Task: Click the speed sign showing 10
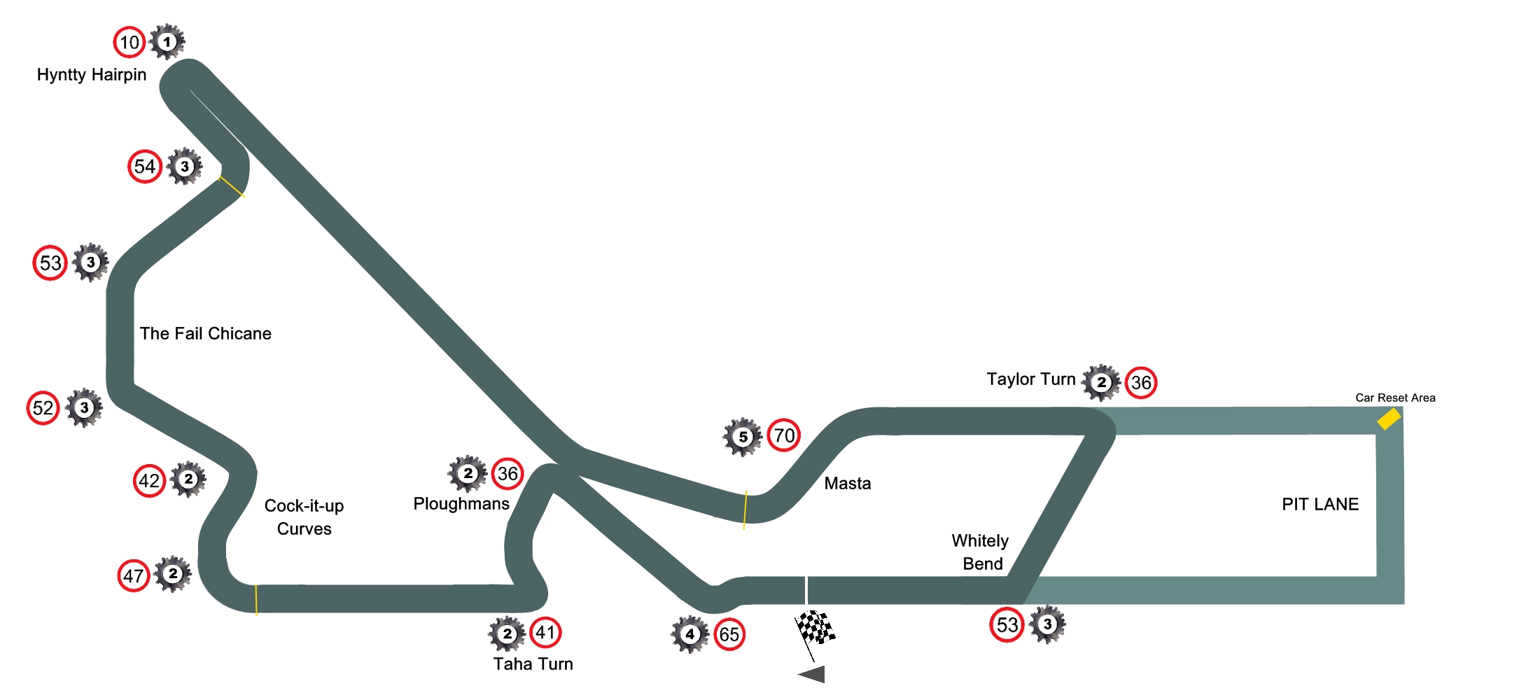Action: (129, 43)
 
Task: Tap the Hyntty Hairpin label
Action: (92, 75)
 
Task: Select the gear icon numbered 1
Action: (167, 42)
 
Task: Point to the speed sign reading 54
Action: (145, 167)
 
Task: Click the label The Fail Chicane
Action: (205, 333)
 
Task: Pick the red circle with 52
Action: (43, 408)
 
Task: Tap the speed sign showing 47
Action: (133, 576)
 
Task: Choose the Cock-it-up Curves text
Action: (304, 517)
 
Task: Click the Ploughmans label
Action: (461, 504)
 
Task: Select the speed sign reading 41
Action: (545, 633)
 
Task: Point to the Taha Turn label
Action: (533, 664)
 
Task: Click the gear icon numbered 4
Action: (689, 634)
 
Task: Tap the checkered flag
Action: (815, 628)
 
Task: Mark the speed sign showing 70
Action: (784, 435)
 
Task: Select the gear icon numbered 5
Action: (743, 437)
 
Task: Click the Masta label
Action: (847, 484)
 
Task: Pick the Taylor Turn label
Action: (1030, 379)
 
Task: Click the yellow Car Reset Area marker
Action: (1389, 419)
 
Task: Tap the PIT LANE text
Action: (1319, 504)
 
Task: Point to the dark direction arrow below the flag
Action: (813, 675)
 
